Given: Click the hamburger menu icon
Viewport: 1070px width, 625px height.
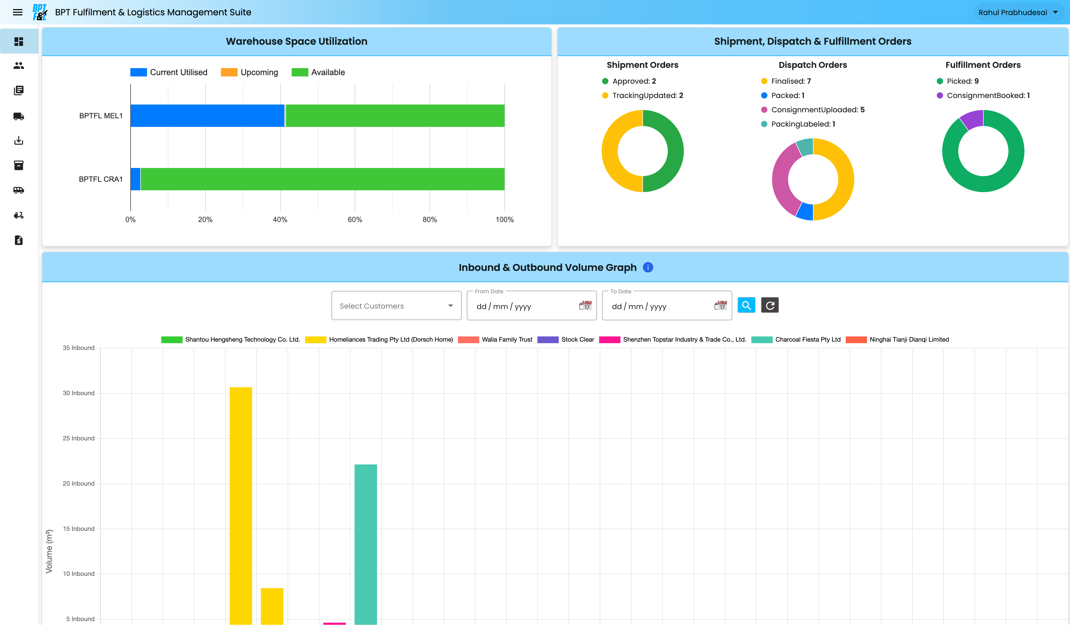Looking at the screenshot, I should tap(17, 12).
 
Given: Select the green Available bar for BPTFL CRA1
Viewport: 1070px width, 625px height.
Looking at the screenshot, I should tap(322, 179).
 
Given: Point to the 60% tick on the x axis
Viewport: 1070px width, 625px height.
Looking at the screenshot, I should tap(355, 219).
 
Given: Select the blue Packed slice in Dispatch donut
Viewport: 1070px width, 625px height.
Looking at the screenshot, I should tap(805, 211).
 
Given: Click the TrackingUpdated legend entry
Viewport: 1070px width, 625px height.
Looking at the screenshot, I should tap(642, 95).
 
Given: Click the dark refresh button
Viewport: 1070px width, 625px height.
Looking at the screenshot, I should tap(769, 305).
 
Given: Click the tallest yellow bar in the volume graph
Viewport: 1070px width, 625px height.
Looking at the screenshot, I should tap(241, 505).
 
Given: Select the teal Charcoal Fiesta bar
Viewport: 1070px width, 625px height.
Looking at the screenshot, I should tap(366, 543).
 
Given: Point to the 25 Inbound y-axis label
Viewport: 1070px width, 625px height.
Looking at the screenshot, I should tap(79, 438).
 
